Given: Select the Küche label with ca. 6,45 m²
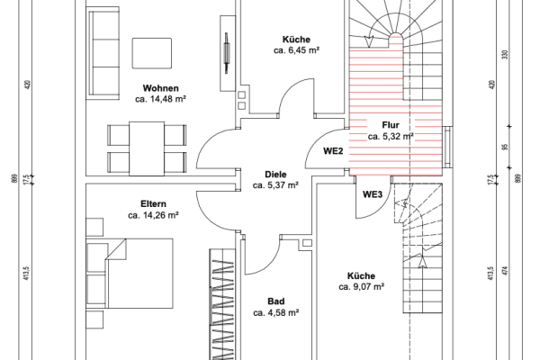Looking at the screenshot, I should tap(296, 40).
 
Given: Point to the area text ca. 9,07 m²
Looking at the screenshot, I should tap(362, 287).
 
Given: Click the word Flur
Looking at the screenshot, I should tap(391, 125).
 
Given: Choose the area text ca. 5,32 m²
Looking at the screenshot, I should tap(391, 137).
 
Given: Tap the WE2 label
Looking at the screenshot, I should tap(334, 151).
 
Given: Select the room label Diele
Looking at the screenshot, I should tap(275, 174).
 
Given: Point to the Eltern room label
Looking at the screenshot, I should tap(153, 204).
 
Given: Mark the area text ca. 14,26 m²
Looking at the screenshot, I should tap(153, 216).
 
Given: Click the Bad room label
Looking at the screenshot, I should tap(275, 301).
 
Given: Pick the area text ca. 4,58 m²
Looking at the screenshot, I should tap(275, 313).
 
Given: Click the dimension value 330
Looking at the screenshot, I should tap(505, 54).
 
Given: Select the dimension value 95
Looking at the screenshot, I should tap(505, 148).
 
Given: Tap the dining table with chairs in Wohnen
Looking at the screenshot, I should tap(148, 148).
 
